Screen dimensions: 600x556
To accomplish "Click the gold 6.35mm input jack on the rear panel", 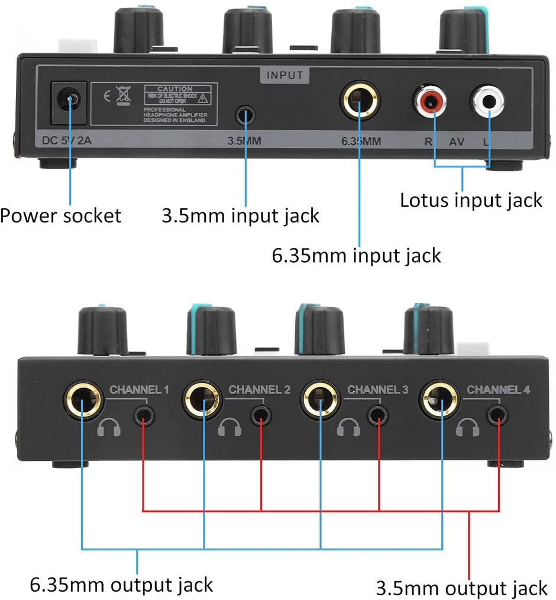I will point(360,102).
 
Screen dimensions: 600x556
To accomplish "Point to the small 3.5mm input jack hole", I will point(245,114).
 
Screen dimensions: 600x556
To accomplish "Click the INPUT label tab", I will point(285,75).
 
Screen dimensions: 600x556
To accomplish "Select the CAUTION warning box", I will point(180,104).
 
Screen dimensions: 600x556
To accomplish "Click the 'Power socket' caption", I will point(60,215).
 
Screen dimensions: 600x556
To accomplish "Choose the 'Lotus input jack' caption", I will point(471,200).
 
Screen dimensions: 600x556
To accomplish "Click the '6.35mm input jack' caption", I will point(356,256).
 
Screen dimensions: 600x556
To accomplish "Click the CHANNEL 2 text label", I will point(259,389).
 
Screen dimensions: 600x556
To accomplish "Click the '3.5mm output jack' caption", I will point(461,589).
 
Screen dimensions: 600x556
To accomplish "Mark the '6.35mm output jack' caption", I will point(121,585).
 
